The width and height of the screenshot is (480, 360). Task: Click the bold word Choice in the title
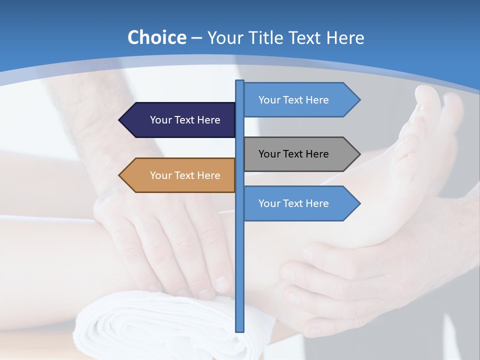[156, 37]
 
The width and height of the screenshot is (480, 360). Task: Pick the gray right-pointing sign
[297, 154]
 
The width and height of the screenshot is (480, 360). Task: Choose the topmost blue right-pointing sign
[297, 100]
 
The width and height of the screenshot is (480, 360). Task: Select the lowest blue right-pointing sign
[297, 203]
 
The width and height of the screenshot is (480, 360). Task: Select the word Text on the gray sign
[294, 154]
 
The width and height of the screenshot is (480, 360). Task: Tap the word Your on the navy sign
[160, 120]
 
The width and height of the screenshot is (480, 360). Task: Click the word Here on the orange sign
[208, 175]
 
